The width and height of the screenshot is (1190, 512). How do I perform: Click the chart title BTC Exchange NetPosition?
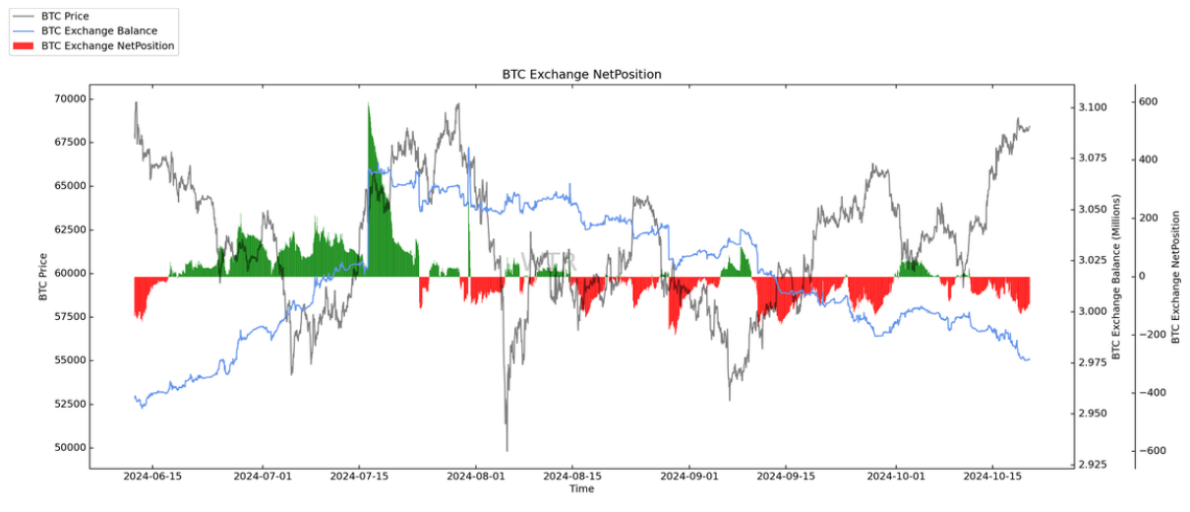tap(581, 74)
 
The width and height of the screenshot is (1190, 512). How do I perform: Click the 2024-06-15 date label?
tap(151, 477)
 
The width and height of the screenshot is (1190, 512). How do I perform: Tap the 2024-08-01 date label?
tap(476, 477)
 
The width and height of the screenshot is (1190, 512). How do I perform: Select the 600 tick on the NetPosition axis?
tap(1149, 101)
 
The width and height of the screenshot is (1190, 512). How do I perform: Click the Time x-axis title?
tap(581, 488)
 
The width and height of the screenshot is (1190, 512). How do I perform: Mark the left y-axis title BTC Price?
tap(43, 276)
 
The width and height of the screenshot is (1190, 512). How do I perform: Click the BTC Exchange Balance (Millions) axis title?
tap(1115, 276)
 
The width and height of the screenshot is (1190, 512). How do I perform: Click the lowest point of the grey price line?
tap(506, 449)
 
